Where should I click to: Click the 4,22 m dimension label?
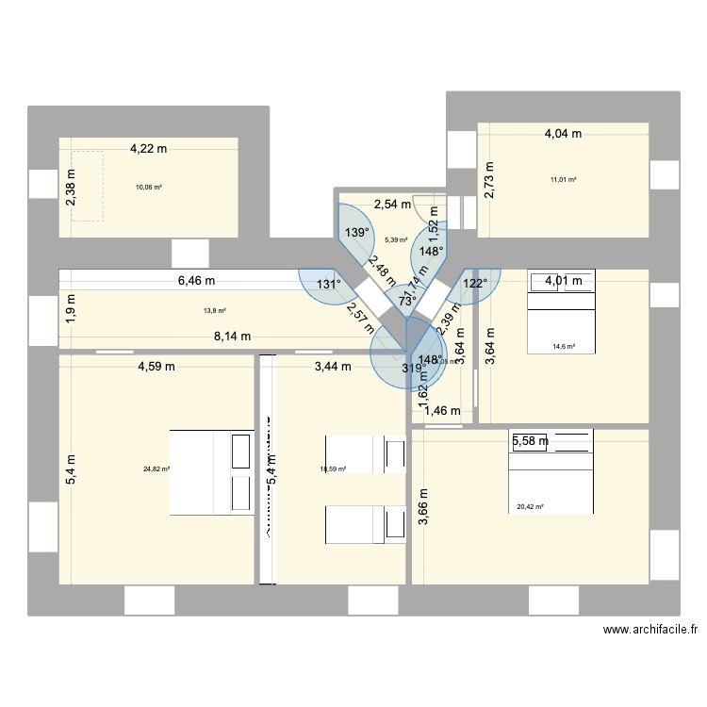[149, 148]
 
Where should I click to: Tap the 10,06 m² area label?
[149, 187]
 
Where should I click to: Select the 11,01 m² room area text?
[564, 179]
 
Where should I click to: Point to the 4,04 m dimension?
[563, 134]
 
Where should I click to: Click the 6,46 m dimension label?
[196, 280]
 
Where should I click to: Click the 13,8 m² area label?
[214, 310]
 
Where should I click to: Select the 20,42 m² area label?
[531, 507]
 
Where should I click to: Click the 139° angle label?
[355, 233]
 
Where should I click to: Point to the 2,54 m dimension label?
[393, 204]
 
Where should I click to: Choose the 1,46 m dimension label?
[442, 410]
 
